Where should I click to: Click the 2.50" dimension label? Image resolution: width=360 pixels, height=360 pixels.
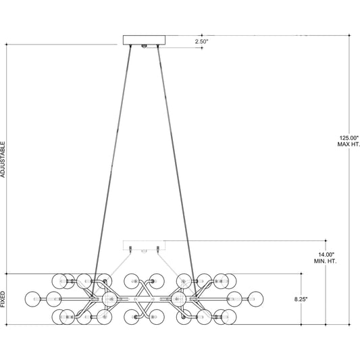click(201, 42)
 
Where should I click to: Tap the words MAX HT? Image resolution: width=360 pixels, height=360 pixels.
click(349, 145)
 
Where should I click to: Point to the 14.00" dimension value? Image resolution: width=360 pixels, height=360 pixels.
click(326, 255)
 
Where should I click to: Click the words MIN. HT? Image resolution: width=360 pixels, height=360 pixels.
click(325, 261)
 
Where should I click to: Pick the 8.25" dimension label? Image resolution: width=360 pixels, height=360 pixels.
click(301, 299)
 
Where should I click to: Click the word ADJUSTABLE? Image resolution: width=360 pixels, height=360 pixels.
click(3, 159)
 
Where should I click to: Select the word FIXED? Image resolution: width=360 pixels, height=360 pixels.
click(3, 299)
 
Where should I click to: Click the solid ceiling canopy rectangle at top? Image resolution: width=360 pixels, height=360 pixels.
click(144, 40)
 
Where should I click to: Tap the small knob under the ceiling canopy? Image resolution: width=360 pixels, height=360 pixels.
click(144, 46)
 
